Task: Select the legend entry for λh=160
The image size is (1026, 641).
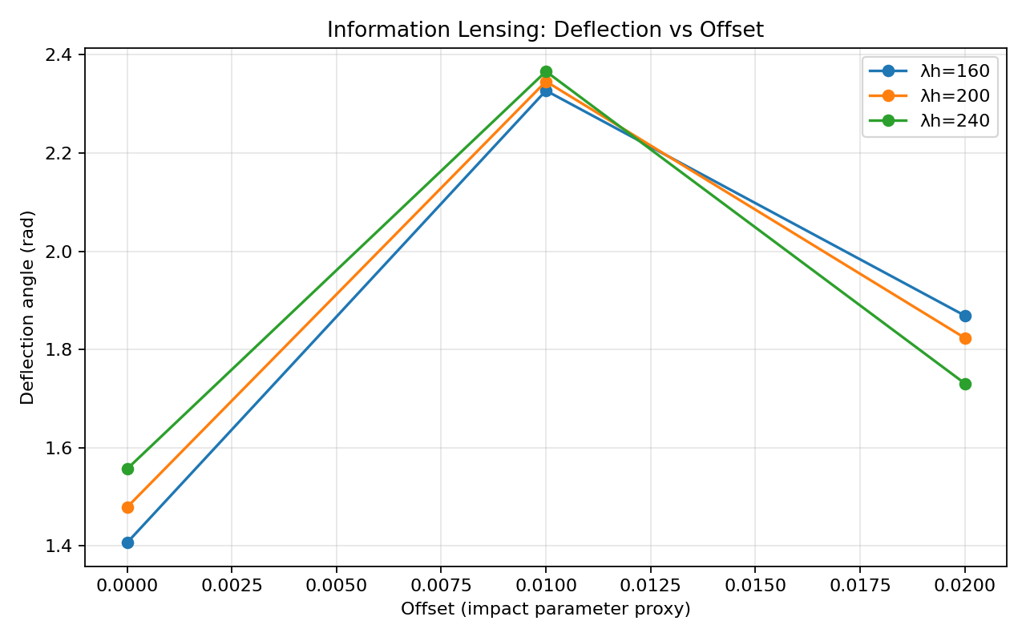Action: pos(929,71)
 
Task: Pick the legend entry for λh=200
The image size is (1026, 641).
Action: pos(929,95)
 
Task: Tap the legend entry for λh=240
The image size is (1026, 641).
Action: pos(929,120)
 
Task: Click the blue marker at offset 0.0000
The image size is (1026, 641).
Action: pos(127,543)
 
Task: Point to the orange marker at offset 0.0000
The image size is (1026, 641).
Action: pos(127,507)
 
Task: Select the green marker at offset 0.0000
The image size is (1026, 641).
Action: pos(127,469)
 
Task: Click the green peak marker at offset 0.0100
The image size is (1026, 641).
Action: pos(546,72)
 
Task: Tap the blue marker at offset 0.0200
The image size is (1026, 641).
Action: pos(965,316)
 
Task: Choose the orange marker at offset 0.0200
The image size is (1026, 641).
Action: pos(965,339)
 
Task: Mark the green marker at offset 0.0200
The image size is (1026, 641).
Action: pos(965,384)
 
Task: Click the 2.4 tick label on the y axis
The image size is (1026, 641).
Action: pos(59,55)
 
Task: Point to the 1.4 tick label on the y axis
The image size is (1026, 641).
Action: pos(59,546)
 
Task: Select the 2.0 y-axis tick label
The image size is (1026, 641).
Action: pos(59,252)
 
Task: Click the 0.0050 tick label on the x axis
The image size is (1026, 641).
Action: pos(337,586)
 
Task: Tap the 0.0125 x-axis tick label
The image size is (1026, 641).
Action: pos(650,586)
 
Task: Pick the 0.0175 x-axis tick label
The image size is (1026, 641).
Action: pos(860,586)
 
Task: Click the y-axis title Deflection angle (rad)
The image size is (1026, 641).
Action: pos(27,308)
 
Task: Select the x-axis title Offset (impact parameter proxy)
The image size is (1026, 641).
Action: pos(546,610)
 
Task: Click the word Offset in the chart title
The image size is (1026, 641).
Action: pos(732,30)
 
